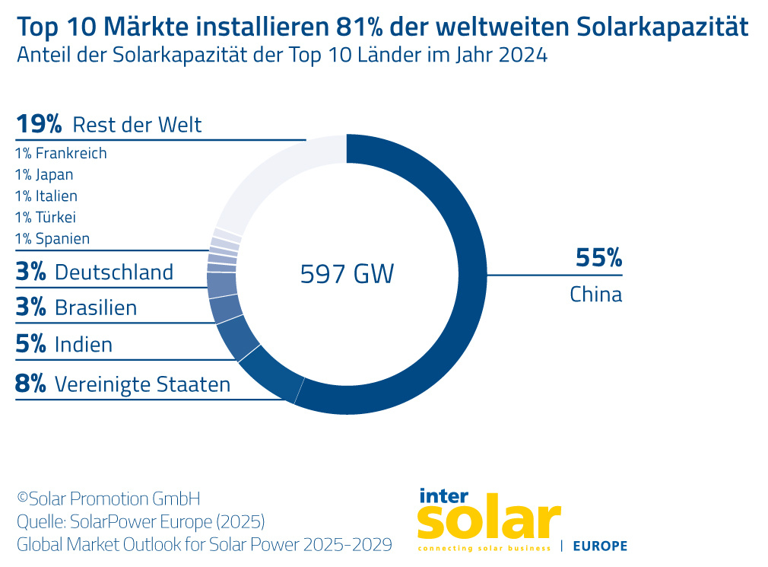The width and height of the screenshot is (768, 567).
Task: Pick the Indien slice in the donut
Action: [236, 340]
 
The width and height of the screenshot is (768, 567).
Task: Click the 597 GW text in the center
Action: [347, 274]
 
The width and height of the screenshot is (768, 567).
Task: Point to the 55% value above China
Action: [598, 258]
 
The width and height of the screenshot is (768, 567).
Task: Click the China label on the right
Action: [595, 294]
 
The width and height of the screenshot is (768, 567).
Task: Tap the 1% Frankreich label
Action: [61, 153]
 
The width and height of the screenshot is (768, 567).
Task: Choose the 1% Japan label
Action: [44, 174]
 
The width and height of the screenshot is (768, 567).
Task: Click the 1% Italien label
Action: [46, 196]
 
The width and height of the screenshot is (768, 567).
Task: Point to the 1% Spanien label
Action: [52, 238]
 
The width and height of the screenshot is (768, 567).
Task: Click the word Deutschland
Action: [114, 272]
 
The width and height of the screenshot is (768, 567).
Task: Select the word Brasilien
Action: [96, 307]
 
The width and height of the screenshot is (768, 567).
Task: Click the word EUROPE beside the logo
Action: [599, 546]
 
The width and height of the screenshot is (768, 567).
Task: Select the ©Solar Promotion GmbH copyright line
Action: [109, 499]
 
